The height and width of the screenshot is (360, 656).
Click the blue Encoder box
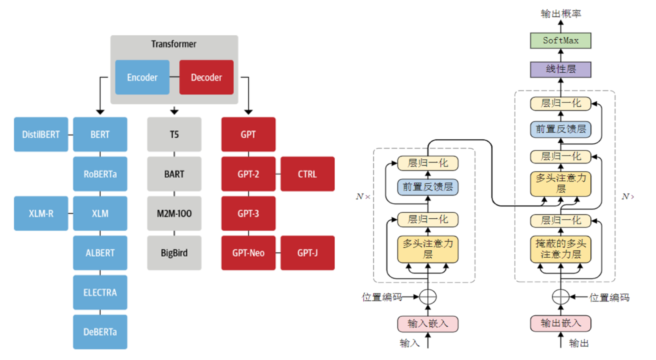142,77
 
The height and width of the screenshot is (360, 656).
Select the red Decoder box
206,77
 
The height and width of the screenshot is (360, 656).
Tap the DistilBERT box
41,134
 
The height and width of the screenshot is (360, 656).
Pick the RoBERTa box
100,174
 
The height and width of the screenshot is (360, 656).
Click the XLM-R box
41,213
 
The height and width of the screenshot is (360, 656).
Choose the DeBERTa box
100,332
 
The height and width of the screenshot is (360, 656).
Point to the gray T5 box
174,134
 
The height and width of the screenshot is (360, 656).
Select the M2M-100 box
174,213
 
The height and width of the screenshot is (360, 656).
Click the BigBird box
174,253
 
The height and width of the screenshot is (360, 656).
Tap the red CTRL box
308,174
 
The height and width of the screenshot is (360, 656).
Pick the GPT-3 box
248,213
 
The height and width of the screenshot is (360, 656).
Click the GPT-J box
308,253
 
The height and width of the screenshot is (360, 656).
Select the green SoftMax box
561,41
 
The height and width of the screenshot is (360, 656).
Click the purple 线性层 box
561,69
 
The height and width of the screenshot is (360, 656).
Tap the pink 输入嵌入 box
428,324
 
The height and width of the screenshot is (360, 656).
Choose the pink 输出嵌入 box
561,323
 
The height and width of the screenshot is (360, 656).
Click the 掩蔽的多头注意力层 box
561,249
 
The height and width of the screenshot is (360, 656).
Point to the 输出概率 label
561,14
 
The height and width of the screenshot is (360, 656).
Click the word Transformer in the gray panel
174,44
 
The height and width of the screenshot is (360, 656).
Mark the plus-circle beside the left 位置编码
428,297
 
